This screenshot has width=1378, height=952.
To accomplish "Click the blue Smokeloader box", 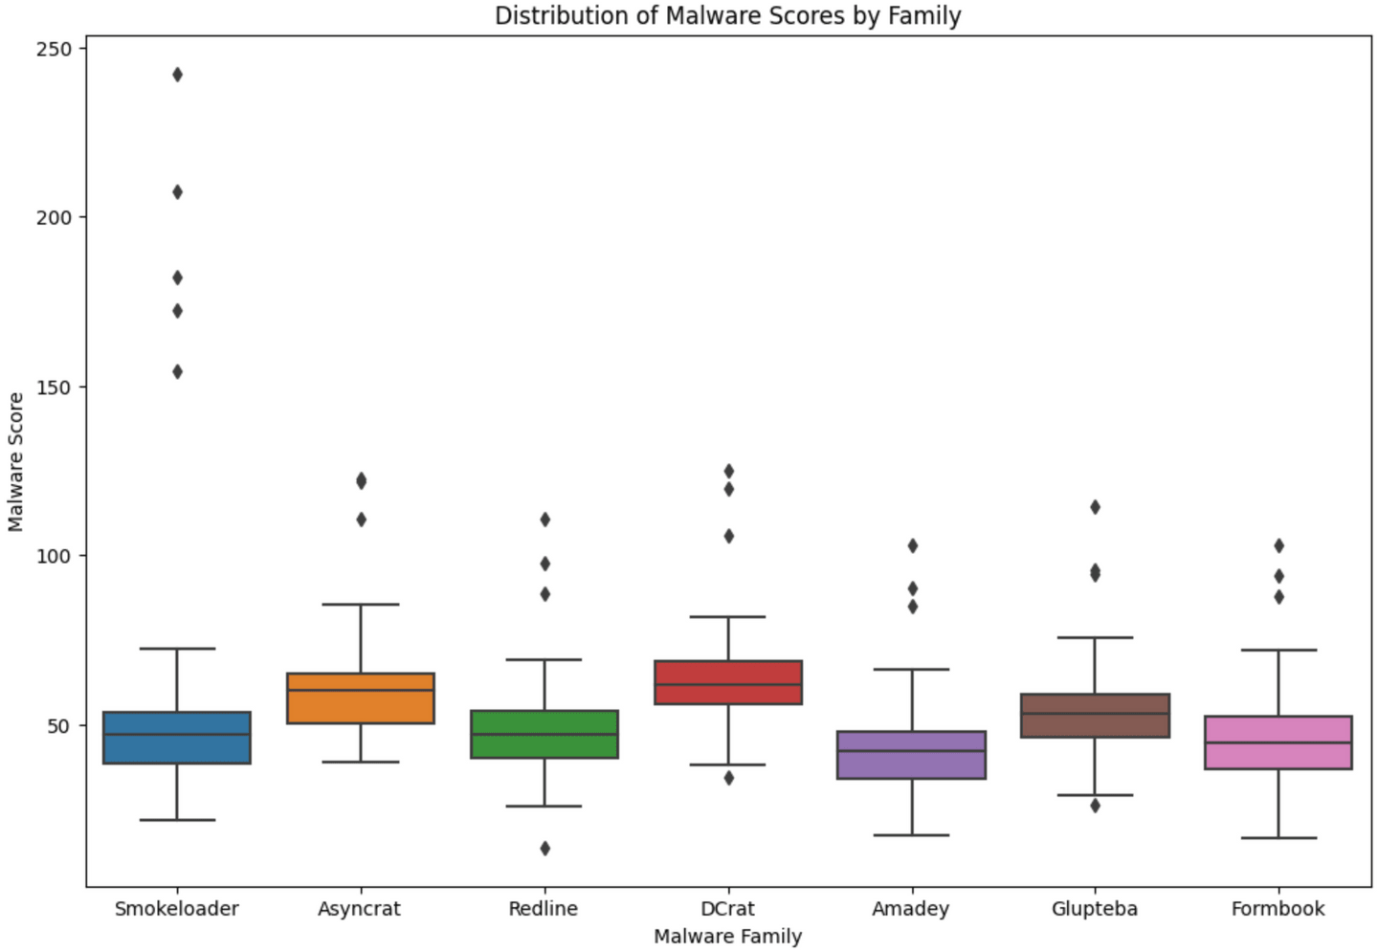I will point(177,738).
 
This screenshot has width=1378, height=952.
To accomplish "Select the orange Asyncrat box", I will point(361,698).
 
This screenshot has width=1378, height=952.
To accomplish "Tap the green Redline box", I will point(545,735).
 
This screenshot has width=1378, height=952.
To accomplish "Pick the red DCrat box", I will point(728,682).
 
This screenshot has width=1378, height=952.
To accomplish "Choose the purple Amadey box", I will point(912,755).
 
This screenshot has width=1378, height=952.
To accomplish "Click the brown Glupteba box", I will point(1095,716).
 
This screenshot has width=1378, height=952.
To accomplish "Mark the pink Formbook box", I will point(1278,742).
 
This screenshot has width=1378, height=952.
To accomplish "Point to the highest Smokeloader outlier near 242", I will point(177,75).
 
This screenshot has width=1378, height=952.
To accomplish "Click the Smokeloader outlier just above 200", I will point(177,192).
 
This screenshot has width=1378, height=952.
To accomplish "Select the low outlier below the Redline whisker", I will point(545,849).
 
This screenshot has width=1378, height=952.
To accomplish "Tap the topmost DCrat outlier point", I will point(728,471).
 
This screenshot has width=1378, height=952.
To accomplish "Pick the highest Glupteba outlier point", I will point(1095,507).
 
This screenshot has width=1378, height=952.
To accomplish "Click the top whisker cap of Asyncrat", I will point(361,605).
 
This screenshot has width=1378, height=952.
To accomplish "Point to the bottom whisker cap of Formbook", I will point(1278,838).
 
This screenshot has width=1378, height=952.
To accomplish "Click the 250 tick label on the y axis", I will point(55,48).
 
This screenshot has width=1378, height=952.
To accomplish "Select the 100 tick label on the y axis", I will point(55,556).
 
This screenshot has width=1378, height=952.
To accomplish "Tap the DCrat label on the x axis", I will point(728,909).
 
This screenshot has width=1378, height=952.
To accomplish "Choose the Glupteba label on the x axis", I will point(1095,909).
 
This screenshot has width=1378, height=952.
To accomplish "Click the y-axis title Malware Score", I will point(15,462).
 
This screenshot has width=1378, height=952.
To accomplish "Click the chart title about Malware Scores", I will point(727,15).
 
